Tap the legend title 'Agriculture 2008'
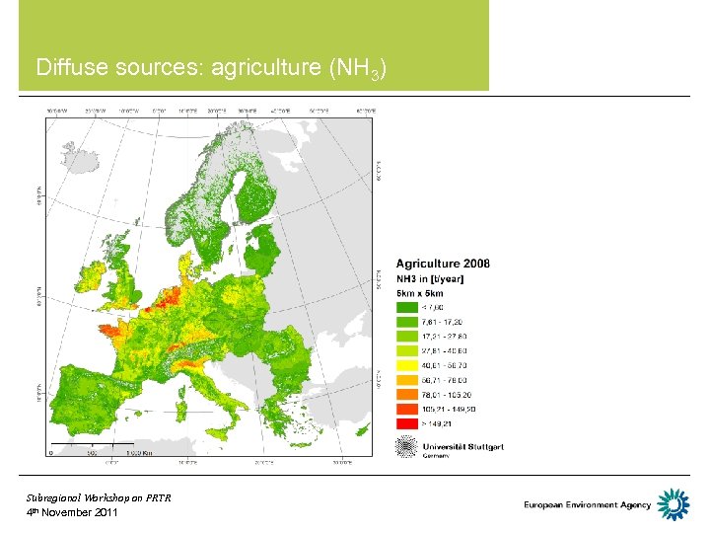coord(443,264)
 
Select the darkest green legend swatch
coord(407,307)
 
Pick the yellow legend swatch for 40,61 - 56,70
coord(407,364)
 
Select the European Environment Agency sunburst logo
coord(674,505)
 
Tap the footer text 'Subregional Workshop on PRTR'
coord(99,498)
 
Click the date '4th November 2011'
coord(72,513)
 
